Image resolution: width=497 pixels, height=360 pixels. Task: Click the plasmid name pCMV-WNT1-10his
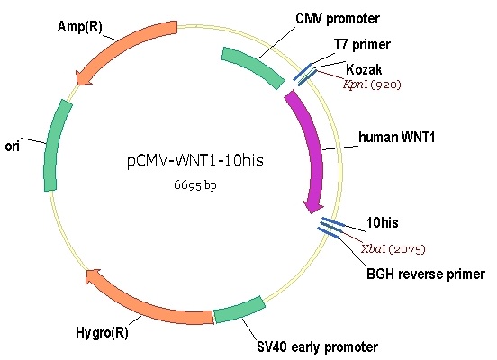point(195,160)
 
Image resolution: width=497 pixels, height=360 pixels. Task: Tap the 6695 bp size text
point(195,184)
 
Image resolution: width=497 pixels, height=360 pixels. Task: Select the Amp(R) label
point(80,27)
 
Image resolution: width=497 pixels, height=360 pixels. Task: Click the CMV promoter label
point(338,18)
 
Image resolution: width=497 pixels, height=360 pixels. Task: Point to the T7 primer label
point(362,45)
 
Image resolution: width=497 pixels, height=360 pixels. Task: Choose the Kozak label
point(364,69)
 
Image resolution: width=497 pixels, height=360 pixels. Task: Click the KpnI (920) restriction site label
point(372,85)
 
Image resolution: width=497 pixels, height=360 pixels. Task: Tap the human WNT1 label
point(396,137)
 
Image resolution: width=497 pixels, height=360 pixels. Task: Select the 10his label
point(383,223)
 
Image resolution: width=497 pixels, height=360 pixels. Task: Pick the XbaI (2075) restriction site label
point(393,249)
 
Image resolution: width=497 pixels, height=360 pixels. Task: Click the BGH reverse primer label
point(426,274)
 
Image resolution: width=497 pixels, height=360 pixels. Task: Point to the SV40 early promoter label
point(317,346)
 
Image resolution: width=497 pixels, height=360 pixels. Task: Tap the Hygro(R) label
point(102,333)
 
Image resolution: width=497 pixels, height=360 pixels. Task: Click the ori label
point(13,147)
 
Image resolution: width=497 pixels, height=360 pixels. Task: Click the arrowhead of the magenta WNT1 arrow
point(313,207)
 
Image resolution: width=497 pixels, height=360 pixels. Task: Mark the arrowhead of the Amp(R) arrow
point(83,78)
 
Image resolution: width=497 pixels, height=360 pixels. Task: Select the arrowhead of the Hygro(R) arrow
point(94,276)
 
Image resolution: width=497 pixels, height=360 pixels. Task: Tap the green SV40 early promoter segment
point(239,310)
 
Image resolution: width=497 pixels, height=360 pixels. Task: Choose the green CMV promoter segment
point(254,67)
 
